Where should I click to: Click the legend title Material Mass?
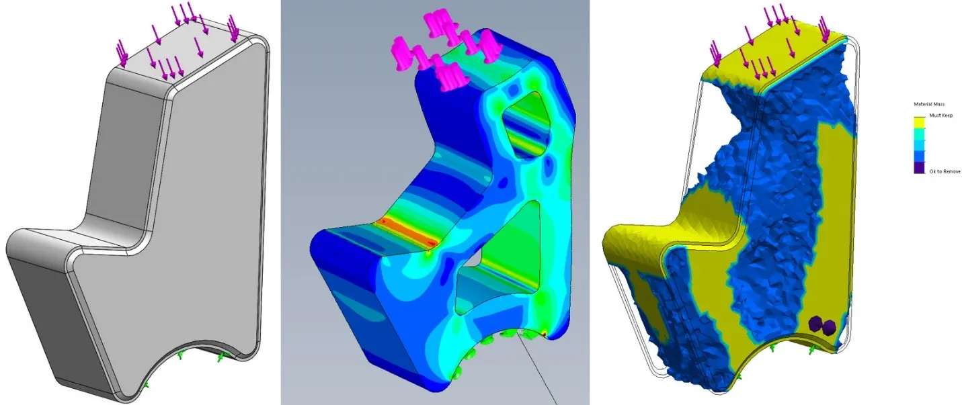tap(929, 104)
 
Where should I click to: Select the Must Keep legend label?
tap(941, 116)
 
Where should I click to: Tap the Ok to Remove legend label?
tap(945, 172)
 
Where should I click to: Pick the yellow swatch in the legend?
tap(920, 122)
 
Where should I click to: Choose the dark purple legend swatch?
tap(920, 168)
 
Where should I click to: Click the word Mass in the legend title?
tap(939, 104)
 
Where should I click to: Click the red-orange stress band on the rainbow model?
tap(407, 233)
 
